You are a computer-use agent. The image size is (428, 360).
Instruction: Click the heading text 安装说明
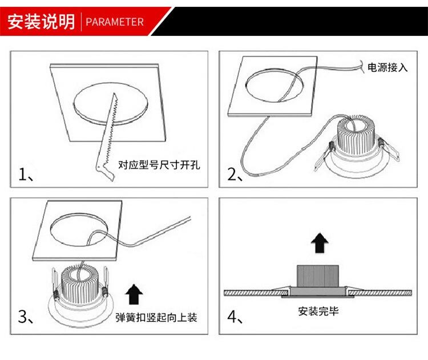point(41,22)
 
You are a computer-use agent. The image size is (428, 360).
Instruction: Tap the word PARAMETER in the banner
point(115,22)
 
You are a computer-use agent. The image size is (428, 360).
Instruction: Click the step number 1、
point(26,174)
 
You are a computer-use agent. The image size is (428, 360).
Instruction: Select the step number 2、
point(235,174)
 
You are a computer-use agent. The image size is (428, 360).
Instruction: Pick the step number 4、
point(235,317)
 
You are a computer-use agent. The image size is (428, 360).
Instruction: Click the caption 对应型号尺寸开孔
point(159,165)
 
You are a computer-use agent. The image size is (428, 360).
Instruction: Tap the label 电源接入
point(387,67)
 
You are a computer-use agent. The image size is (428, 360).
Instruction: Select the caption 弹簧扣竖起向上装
point(156,317)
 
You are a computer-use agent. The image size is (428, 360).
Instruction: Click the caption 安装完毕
point(318,311)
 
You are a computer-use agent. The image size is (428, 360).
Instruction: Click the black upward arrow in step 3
point(134,294)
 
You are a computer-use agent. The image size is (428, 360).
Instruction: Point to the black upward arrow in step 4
point(320,243)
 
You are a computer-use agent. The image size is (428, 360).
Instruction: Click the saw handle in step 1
point(105,171)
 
